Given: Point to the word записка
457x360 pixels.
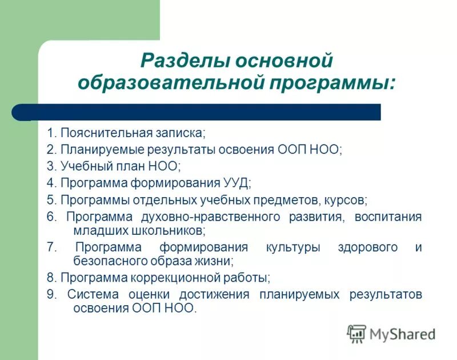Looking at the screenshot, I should click(180, 133).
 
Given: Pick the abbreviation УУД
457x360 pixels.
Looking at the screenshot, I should click(234, 183).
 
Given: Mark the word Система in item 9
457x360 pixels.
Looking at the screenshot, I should click(93, 295).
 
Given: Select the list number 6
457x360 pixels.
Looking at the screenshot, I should click(51, 217).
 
